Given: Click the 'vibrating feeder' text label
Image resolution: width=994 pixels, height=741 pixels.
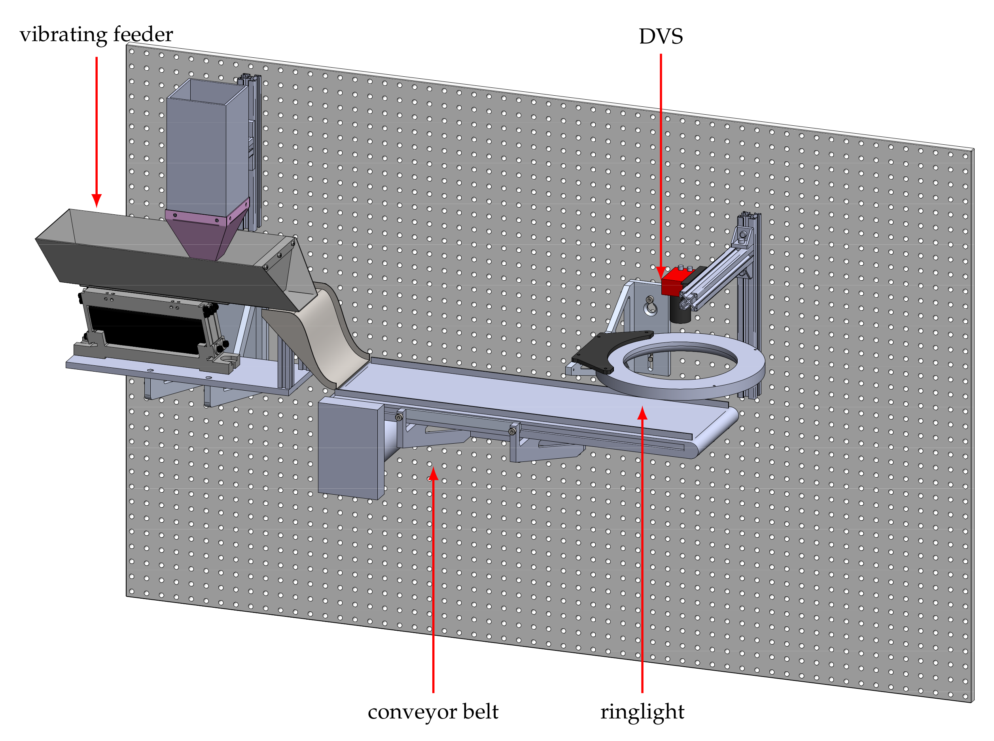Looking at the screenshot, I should point(96,34).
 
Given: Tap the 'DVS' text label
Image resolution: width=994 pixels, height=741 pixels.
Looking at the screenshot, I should point(660,36).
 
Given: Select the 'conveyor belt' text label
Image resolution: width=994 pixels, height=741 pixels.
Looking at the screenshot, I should point(433,712).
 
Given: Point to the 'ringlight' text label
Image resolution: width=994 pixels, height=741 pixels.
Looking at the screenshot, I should point(642,712).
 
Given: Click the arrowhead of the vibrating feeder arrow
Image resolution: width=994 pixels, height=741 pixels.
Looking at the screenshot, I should point(97,200).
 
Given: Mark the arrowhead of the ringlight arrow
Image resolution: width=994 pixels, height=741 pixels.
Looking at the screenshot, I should point(642,413).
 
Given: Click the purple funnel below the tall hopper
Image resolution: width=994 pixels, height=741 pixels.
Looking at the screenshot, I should point(202,236).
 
